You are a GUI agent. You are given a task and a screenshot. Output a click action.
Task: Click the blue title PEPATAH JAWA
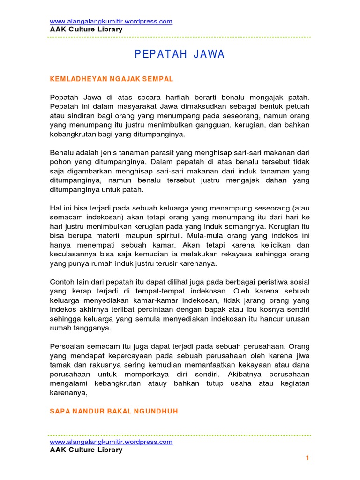[x=180, y=55]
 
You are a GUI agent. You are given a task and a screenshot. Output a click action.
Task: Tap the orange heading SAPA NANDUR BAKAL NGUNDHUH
[x=114, y=411]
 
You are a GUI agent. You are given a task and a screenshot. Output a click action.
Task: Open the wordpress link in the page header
[x=111, y=21]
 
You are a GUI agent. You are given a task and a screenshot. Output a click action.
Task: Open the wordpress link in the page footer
[x=111, y=442]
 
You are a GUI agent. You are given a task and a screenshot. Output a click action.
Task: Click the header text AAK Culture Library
[x=86, y=29]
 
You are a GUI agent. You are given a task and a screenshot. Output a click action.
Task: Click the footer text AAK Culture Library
[x=86, y=450]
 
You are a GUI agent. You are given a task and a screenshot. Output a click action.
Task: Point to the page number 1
[x=307, y=458]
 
